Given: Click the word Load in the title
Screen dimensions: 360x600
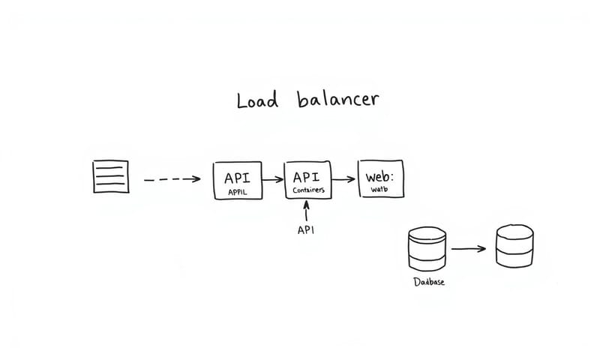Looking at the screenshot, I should click(257, 100).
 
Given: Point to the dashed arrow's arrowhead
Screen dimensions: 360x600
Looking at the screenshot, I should click(196, 179).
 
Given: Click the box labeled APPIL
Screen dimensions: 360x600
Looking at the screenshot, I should click(237, 180).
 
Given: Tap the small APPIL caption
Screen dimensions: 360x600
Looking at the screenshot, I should click(237, 192).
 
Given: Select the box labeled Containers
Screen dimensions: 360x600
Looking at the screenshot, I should click(306, 180).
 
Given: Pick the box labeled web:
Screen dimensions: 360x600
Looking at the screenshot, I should click(380, 179).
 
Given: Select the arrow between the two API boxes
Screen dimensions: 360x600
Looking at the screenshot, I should click(272, 179).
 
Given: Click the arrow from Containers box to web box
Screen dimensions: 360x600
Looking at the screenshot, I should click(342, 179).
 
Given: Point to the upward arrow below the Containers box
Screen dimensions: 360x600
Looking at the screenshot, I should click(306, 211).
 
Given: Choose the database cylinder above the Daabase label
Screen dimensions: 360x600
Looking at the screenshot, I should click(427, 248).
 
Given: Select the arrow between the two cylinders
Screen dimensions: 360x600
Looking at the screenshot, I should click(468, 248).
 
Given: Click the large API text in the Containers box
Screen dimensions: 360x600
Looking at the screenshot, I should click(306, 177).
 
